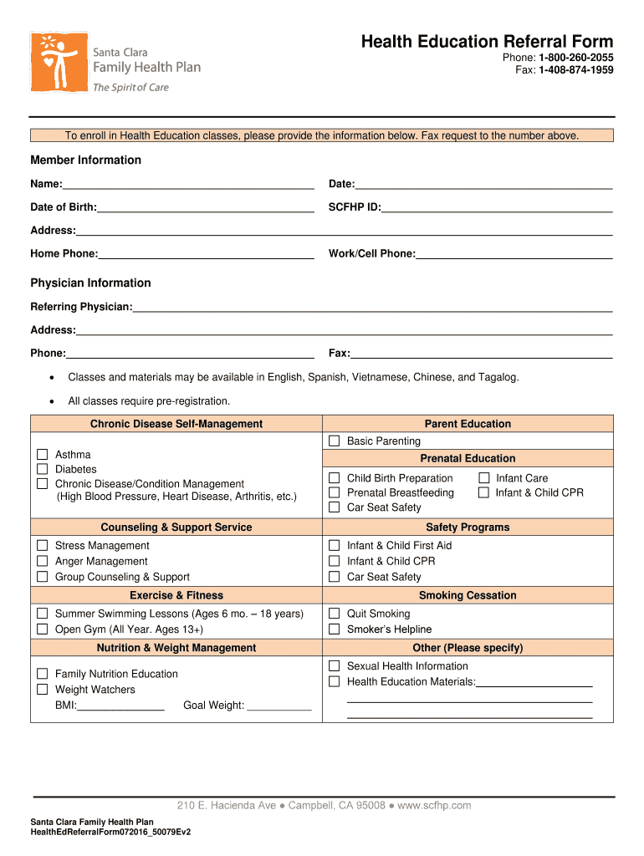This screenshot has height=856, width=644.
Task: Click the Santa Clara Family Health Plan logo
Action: tap(115, 64)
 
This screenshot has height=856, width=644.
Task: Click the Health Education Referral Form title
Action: tap(487, 42)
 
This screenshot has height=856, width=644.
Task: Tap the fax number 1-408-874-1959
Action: tap(575, 70)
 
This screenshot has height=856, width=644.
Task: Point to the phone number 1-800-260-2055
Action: tap(575, 58)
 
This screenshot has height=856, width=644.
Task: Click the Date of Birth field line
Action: tap(205, 206)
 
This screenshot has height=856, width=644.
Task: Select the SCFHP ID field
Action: tap(497, 206)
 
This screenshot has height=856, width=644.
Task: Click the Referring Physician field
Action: tap(372, 307)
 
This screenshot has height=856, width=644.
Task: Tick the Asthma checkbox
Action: tap(42, 455)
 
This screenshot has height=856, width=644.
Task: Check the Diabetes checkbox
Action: tap(42, 469)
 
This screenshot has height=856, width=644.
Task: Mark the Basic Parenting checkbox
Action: tap(334, 441)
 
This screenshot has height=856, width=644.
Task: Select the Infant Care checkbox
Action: tap(483, 478)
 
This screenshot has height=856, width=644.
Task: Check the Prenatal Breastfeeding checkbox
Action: tap(334, 492)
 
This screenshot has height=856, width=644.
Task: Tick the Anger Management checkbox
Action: tap(42, 561)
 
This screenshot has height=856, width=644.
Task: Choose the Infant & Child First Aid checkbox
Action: tap(334, 545)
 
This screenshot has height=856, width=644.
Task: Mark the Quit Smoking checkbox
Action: tap(334, 614)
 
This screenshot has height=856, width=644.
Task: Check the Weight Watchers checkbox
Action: tap(42, 690)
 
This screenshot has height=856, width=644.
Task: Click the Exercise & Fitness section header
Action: tap(176, 595)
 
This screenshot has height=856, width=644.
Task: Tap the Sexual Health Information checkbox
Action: tap(334, 666)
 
